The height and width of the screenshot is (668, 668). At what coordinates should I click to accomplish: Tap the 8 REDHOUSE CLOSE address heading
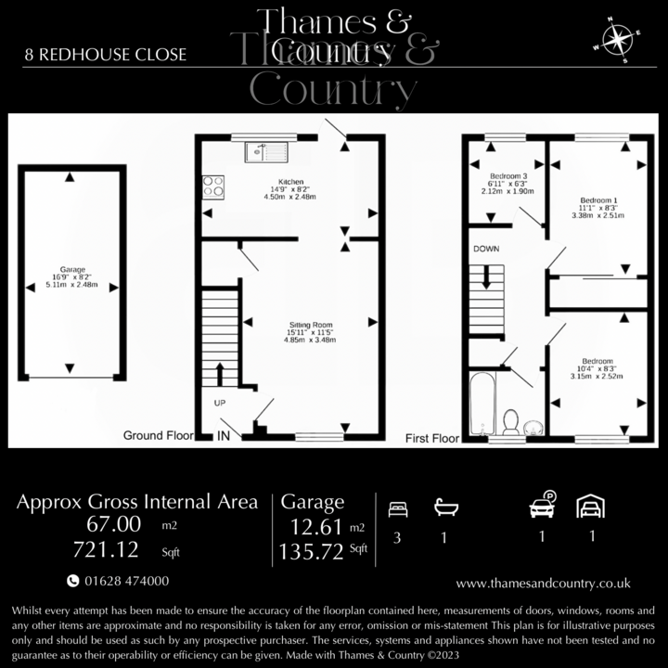106,55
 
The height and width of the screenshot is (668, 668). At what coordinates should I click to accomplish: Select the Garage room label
70,271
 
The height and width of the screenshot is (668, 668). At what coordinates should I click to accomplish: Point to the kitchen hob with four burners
213,186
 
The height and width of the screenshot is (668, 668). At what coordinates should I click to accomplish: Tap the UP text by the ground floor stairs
219,404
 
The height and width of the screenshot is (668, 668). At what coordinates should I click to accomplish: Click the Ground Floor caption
158,435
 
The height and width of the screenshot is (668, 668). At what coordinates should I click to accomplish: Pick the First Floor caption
432,436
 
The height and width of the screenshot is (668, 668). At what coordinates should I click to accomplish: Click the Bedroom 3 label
508,176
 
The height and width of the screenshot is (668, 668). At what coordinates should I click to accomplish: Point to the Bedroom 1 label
598,200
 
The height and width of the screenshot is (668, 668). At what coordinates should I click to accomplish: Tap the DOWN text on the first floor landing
486,250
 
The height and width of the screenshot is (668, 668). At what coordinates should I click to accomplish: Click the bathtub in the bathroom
482,405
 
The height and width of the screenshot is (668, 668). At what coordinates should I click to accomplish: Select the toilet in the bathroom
509,423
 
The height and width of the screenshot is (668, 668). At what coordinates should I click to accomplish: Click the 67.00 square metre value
114,525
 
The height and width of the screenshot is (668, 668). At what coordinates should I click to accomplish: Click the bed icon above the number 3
397,508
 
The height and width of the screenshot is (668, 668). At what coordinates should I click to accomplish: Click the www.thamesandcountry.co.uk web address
544,583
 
